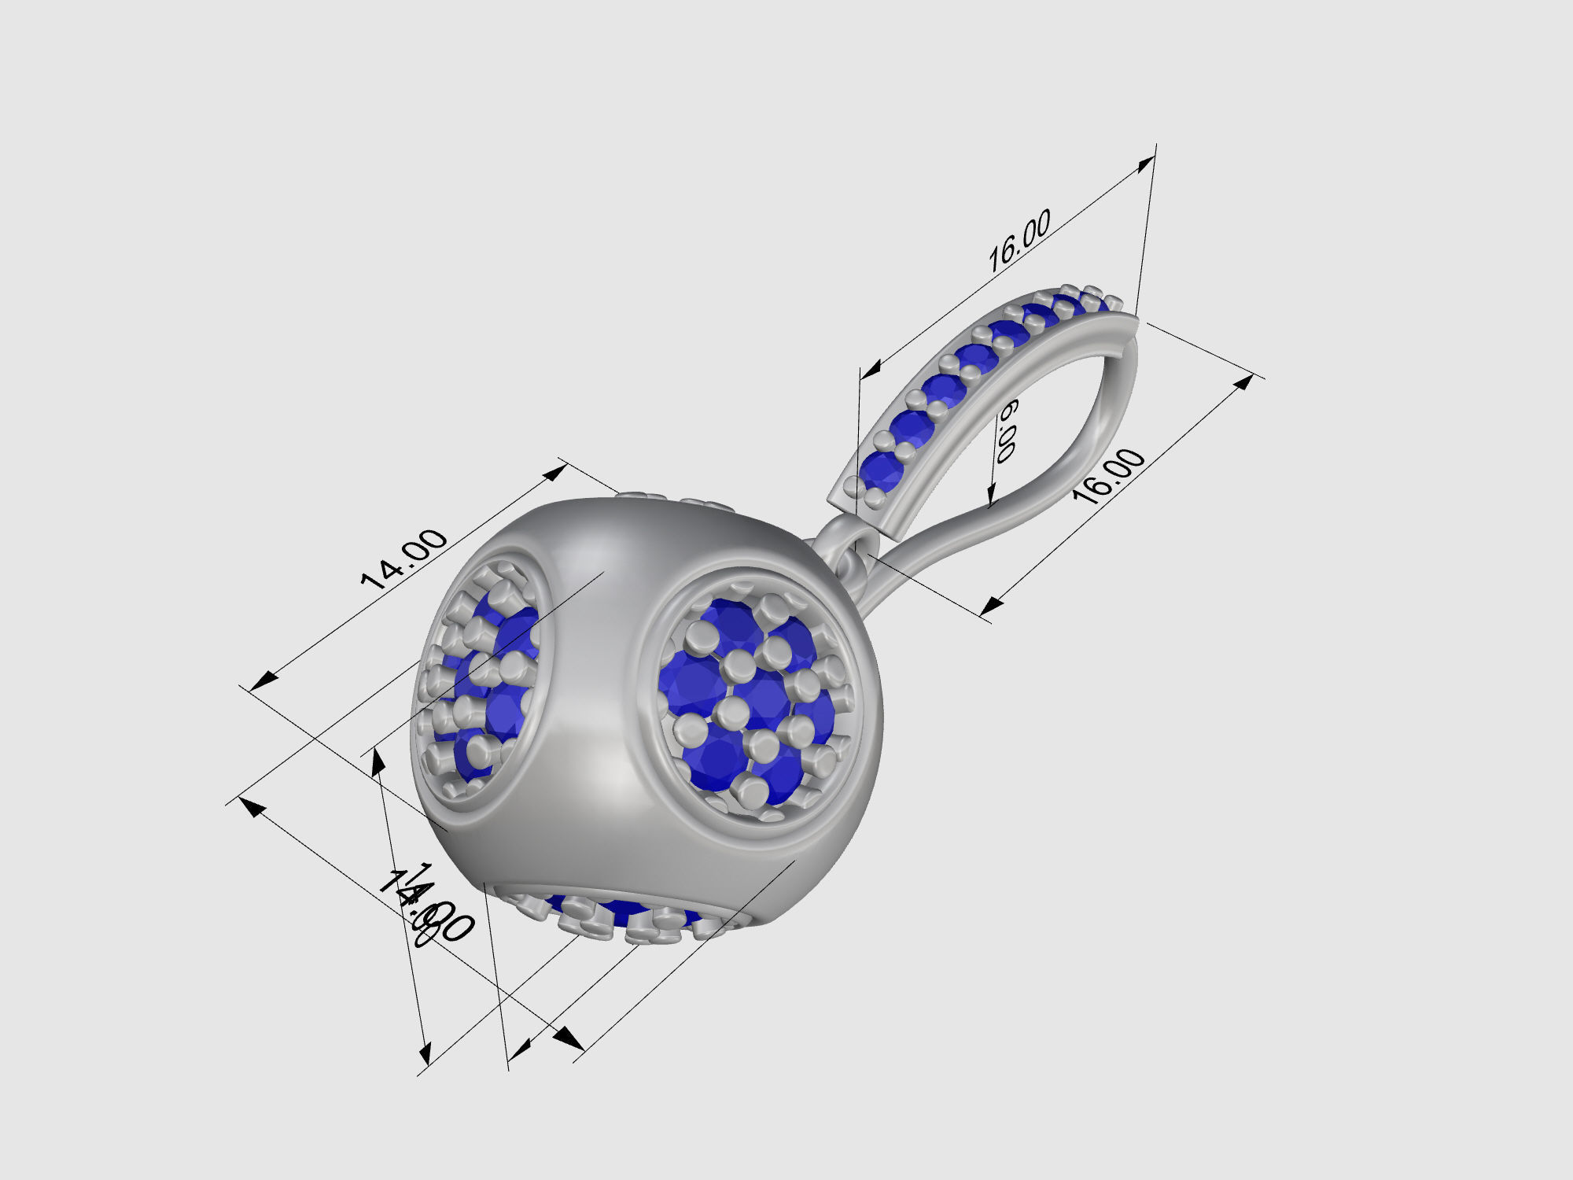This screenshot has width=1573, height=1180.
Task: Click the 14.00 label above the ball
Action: click(403, 559)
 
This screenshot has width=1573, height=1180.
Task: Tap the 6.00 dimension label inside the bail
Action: click(1006, 430)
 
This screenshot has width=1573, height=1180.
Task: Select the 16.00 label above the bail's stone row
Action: click(1019, 241)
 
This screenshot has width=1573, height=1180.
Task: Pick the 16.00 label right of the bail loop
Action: click(1109, 476)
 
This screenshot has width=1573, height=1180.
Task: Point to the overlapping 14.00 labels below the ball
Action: click(425, 905)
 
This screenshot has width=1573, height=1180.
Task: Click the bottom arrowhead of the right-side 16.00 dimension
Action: click(991, 605)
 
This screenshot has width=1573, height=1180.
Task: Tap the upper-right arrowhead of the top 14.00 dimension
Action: click(558, 470)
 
